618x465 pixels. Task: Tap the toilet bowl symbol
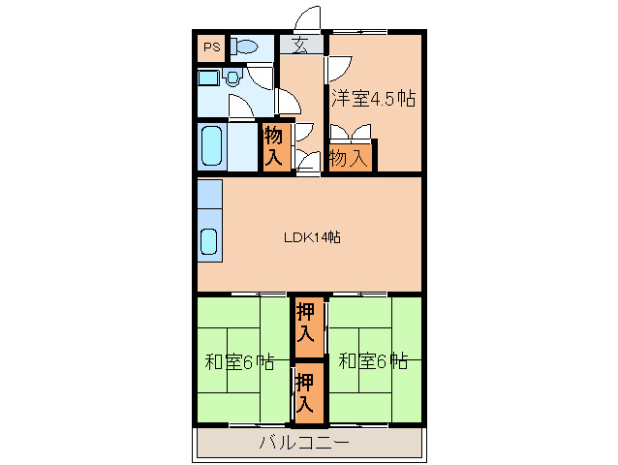(x=245, y=46)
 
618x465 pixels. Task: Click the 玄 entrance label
(x=300, y=44)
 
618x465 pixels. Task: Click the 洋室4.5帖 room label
(x=374, y=98)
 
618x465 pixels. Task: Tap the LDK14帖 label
(x=311, y=236)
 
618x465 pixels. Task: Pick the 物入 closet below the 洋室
(x=349, y=157)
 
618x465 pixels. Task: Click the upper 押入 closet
(x=306, y=324)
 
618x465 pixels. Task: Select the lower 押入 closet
(x=306, y=392)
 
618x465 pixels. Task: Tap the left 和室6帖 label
(x=239, y=363)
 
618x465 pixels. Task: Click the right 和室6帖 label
(x=373, y=362)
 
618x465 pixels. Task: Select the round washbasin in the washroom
(x=232, y=77)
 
